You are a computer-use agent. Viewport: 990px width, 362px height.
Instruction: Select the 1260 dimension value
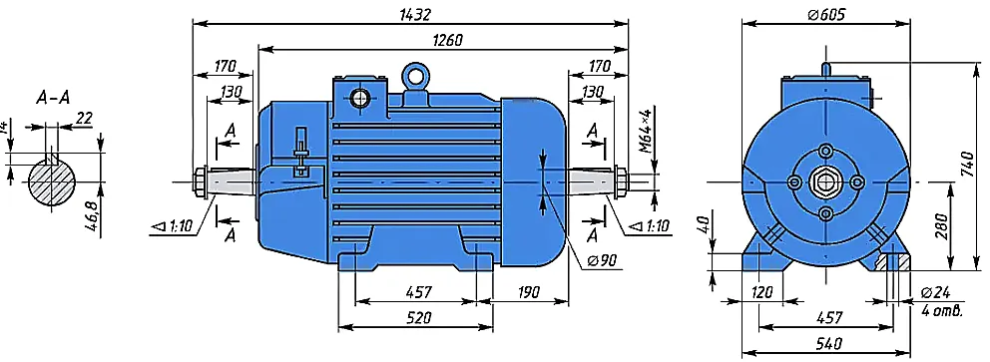pyautogui.click(x=447, y=40)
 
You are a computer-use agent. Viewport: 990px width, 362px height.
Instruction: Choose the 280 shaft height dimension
pyautogui.click(x=940, y=224)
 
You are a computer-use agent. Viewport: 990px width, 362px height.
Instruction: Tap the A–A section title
pyautogui.click(x=53, y=97)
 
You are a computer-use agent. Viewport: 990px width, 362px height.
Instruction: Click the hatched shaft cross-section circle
pyautogui.click(x=52, y=181)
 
